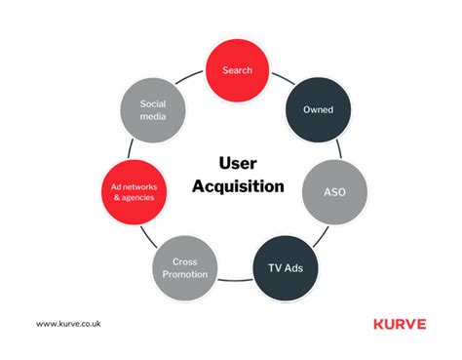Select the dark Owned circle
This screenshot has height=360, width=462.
317,110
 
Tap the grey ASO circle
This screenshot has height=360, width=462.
335,192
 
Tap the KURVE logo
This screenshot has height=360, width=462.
400,324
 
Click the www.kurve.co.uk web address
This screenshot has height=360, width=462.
68,324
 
